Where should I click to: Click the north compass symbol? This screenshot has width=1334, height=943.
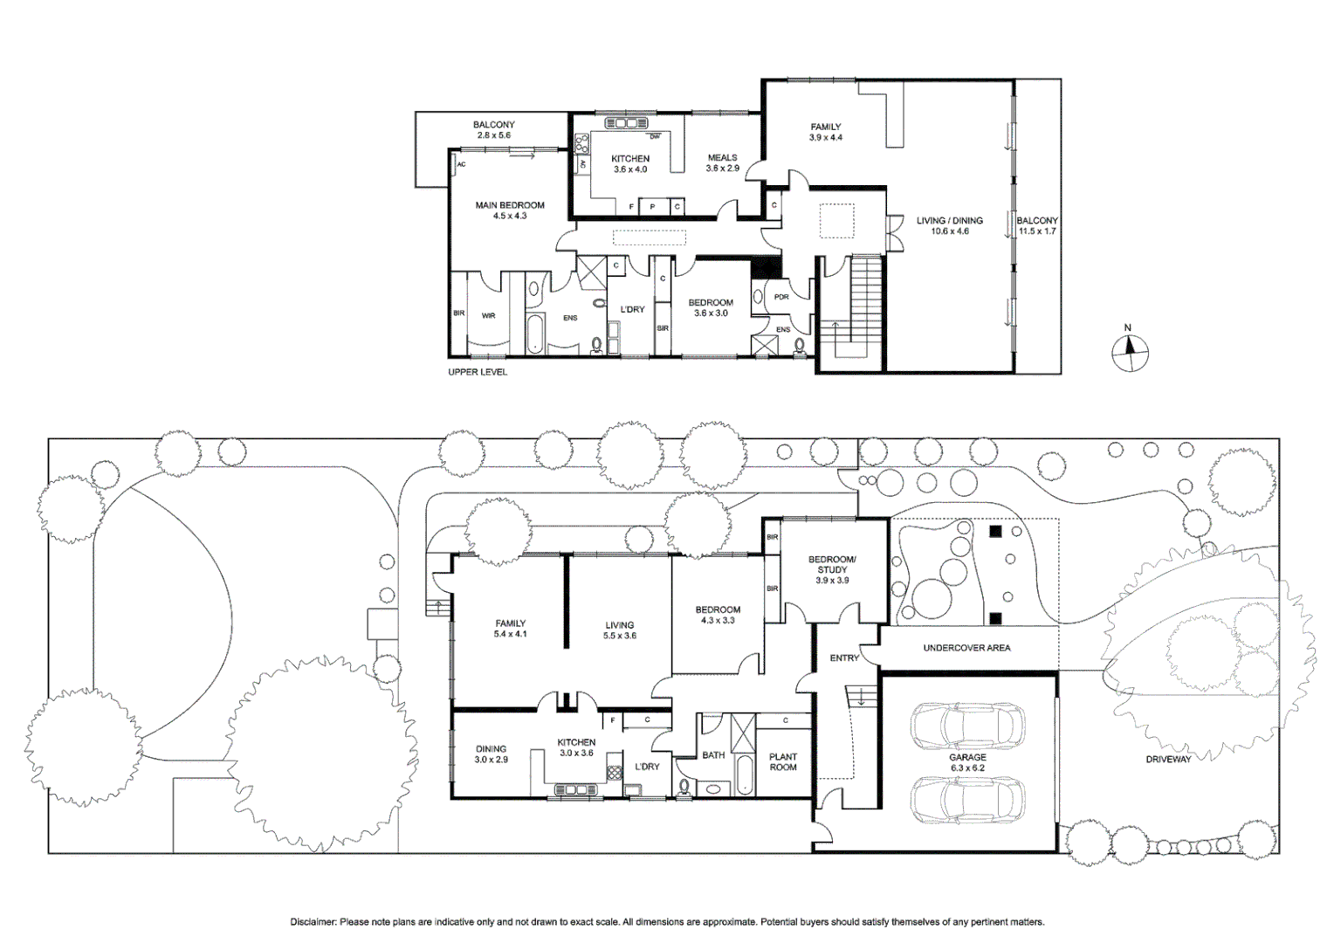pyautogui.click(x=1129, y=352)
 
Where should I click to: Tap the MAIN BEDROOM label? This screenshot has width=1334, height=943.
pyautogui.click(x=510, y=205)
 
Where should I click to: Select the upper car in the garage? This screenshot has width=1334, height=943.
pyautogui.click(x=967, y=726)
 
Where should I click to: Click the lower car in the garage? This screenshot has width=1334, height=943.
pyautogui.click(x=967, y=800)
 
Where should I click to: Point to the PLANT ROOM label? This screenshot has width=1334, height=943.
pyautogui.click(x=782, y=762)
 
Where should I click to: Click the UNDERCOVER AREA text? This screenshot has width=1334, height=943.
pyautogui.click(x=966, y=648)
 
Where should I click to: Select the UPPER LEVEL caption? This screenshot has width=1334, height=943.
pyautogui.click(x=478, y=372)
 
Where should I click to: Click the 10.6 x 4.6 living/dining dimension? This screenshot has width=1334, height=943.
pyautogui.click(x=949, y=231)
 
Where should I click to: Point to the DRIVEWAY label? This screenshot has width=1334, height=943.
pyautogui.click(x=1168, y=760)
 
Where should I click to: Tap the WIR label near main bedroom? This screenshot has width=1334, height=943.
pyautogui.click(x=488, y=316)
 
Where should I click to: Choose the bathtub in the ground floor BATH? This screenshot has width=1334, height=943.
pyautogui.click(x=745, y=774)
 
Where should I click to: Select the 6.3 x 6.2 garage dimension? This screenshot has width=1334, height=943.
pyautogui.click(x=967, y=767)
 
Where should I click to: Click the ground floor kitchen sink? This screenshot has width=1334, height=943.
pyautogui.click(x=576, y=790)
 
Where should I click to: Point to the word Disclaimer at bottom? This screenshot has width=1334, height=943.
pyautogui.click(x=313, y=922)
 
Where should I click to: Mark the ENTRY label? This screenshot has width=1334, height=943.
pyautogui.click(x=844, y=657)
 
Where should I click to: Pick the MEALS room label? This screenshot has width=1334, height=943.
pyautogui.click(x=722, y=158)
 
